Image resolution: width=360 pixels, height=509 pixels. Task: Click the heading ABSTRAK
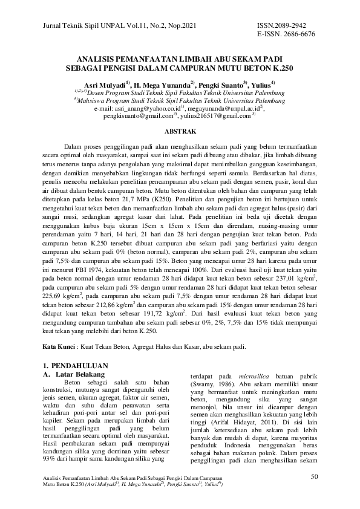pyautogui.click(x=180, y=131)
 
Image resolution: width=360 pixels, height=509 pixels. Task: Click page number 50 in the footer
pyautogui.click(x=314, y=478)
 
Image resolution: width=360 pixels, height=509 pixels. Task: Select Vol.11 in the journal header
pyautogui.click(x=128, y=26)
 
